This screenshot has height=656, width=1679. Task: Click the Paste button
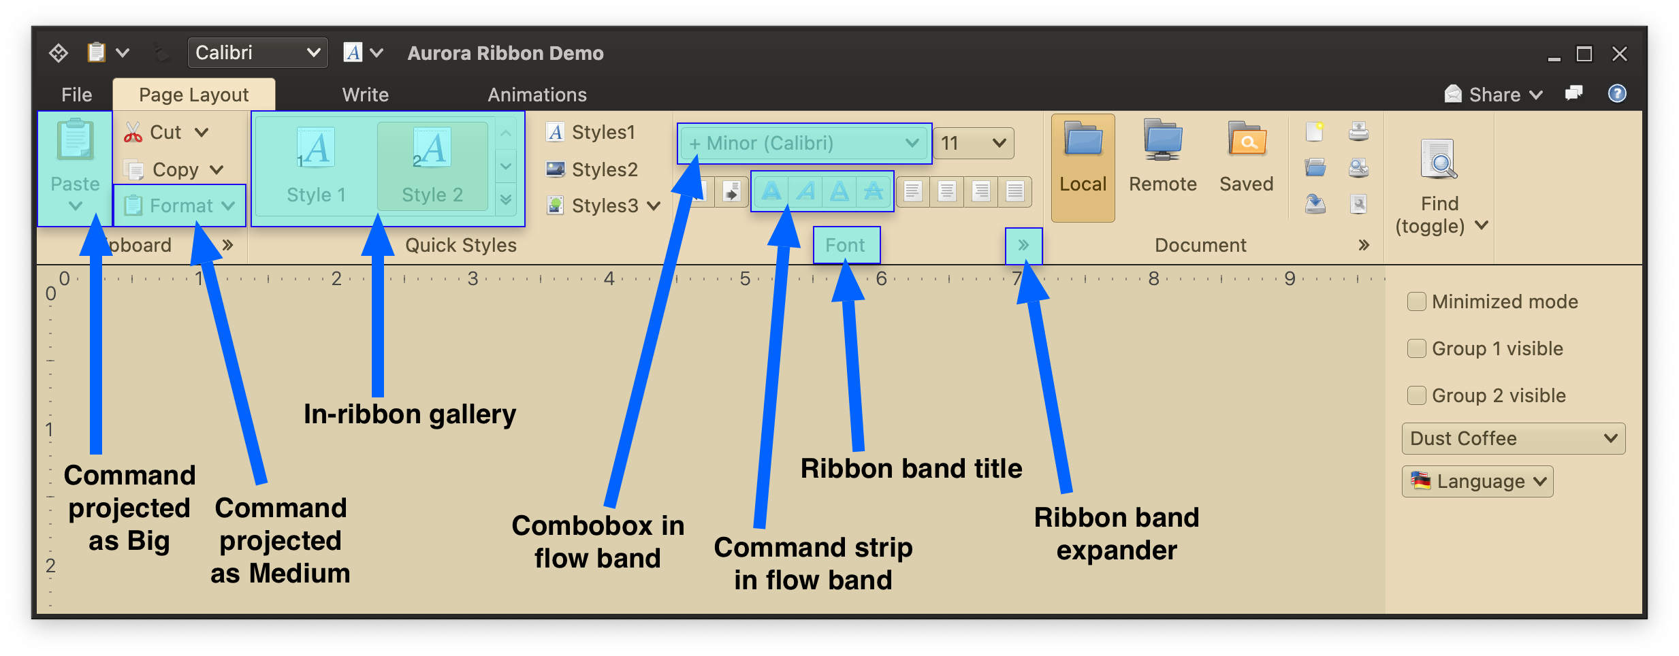75,167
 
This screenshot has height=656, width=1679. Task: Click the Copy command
174,169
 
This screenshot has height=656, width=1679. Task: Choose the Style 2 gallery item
432,167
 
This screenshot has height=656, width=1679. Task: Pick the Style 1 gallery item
316,167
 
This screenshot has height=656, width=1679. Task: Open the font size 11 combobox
973,144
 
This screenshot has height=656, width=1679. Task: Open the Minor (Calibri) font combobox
804,144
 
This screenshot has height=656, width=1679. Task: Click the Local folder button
1083,167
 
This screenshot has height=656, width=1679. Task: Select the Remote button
1162,167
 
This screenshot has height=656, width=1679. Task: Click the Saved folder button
1246,167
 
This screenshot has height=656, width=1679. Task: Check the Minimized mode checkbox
1417,301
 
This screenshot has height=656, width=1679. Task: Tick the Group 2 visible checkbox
1417,395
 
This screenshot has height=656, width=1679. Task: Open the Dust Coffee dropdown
1513,439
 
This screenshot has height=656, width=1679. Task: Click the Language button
1477,482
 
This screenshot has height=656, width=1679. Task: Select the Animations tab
537,95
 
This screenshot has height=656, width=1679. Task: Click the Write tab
366,95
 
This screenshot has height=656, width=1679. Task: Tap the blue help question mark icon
1617,94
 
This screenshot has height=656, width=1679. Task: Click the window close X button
1620,54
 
